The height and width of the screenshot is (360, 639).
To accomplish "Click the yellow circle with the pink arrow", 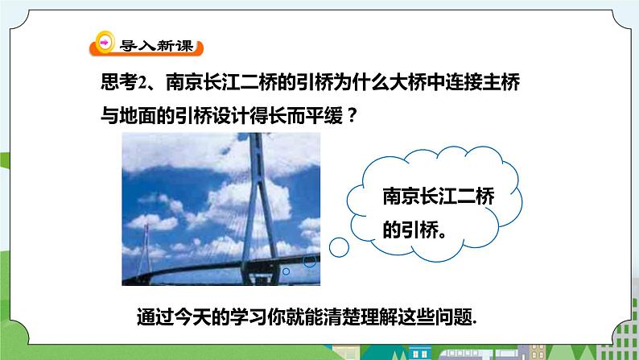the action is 105,43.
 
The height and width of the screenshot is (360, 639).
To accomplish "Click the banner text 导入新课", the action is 156,46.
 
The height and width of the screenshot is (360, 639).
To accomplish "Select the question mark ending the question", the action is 353,116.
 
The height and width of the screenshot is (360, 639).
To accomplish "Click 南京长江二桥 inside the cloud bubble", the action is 439,197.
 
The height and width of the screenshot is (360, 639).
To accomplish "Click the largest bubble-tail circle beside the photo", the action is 339,247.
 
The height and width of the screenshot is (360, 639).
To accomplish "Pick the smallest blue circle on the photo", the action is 286,271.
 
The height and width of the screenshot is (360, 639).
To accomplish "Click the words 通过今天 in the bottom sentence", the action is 174,317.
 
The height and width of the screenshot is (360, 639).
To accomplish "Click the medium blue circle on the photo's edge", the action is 309,261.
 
